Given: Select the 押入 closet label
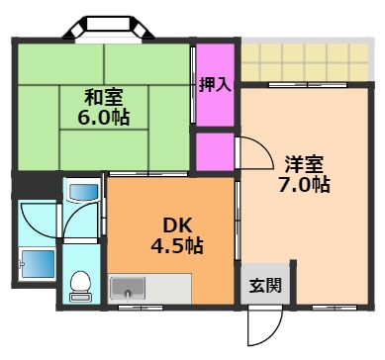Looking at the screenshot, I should (215, 83).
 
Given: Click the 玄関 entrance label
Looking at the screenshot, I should (264, 286).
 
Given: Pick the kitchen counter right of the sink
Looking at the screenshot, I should (168, 288).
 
